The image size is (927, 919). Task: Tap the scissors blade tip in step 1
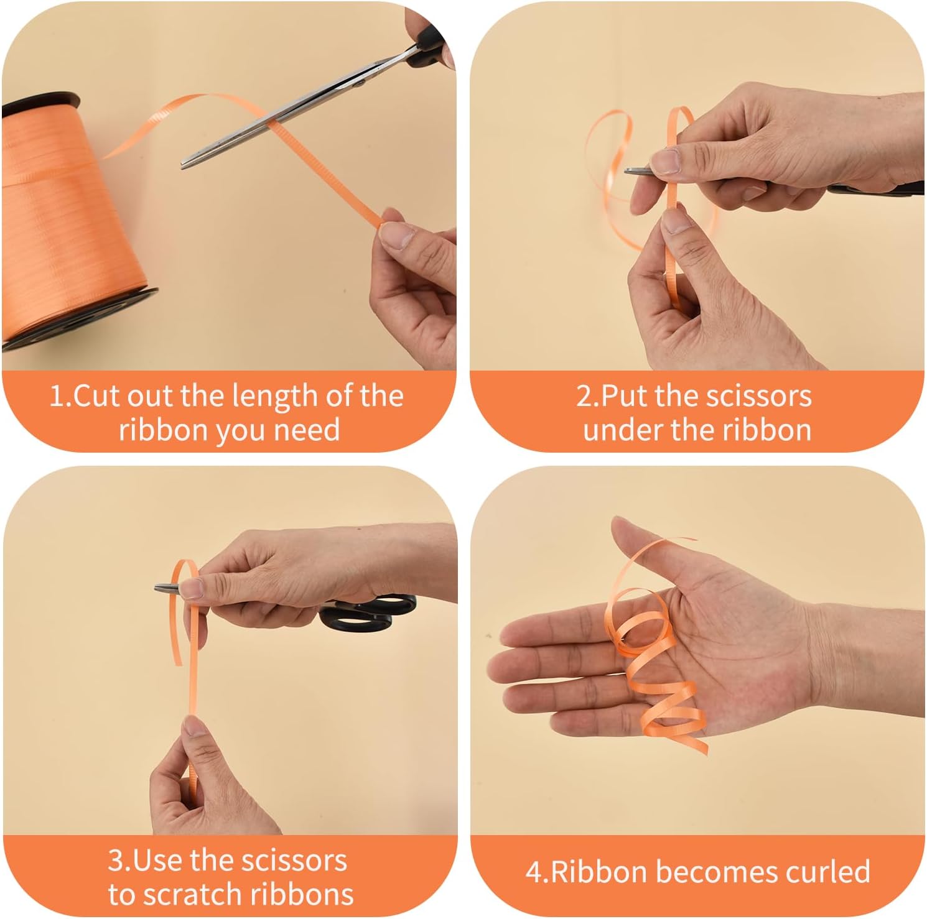[183, 165]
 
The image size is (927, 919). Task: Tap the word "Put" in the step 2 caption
[623, 396]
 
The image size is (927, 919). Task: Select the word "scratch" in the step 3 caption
[193, 895]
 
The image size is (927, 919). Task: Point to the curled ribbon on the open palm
[653, 647]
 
